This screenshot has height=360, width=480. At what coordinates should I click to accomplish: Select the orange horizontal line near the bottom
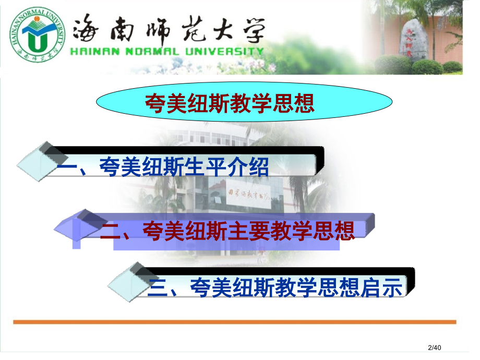point(234,322)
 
